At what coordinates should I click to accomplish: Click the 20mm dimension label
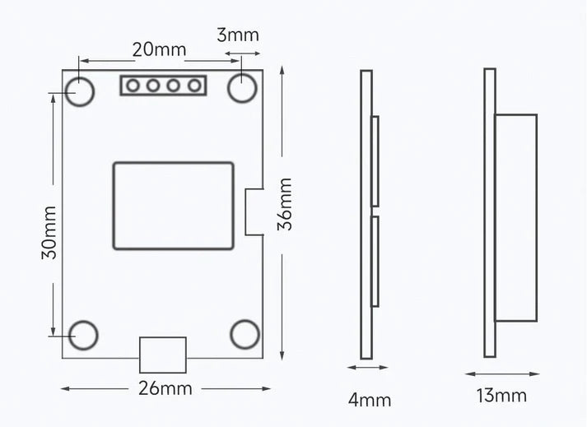(x=159, y=49)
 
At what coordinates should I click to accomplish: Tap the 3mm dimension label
(x=238, y=35)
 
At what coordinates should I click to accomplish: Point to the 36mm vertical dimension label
(x=285, y=204)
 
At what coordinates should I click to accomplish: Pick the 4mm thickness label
(x=370, y=400)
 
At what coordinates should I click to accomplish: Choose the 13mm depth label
(x=501, y=395)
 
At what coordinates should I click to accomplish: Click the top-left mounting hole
(x=82, y=91)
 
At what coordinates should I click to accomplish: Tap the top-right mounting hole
(x=243, y=89)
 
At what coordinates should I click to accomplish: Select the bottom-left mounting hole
(x=83, y=335)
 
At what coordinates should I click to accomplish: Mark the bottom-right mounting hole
(x=245, y=334)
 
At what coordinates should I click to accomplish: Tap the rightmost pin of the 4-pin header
(x=194, y=85)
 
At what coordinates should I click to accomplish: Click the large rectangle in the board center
(x=173, y=206)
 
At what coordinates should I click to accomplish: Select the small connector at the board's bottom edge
(x=162, y=355)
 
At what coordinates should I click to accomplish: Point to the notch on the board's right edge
(x=254, y=211)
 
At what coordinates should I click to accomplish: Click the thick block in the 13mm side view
(x=515, y=218)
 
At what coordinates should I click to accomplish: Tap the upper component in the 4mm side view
(x=375, y=160)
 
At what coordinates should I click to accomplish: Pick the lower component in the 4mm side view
(x=375, y=262)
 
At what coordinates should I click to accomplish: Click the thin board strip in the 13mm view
(x=489, y=213)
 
